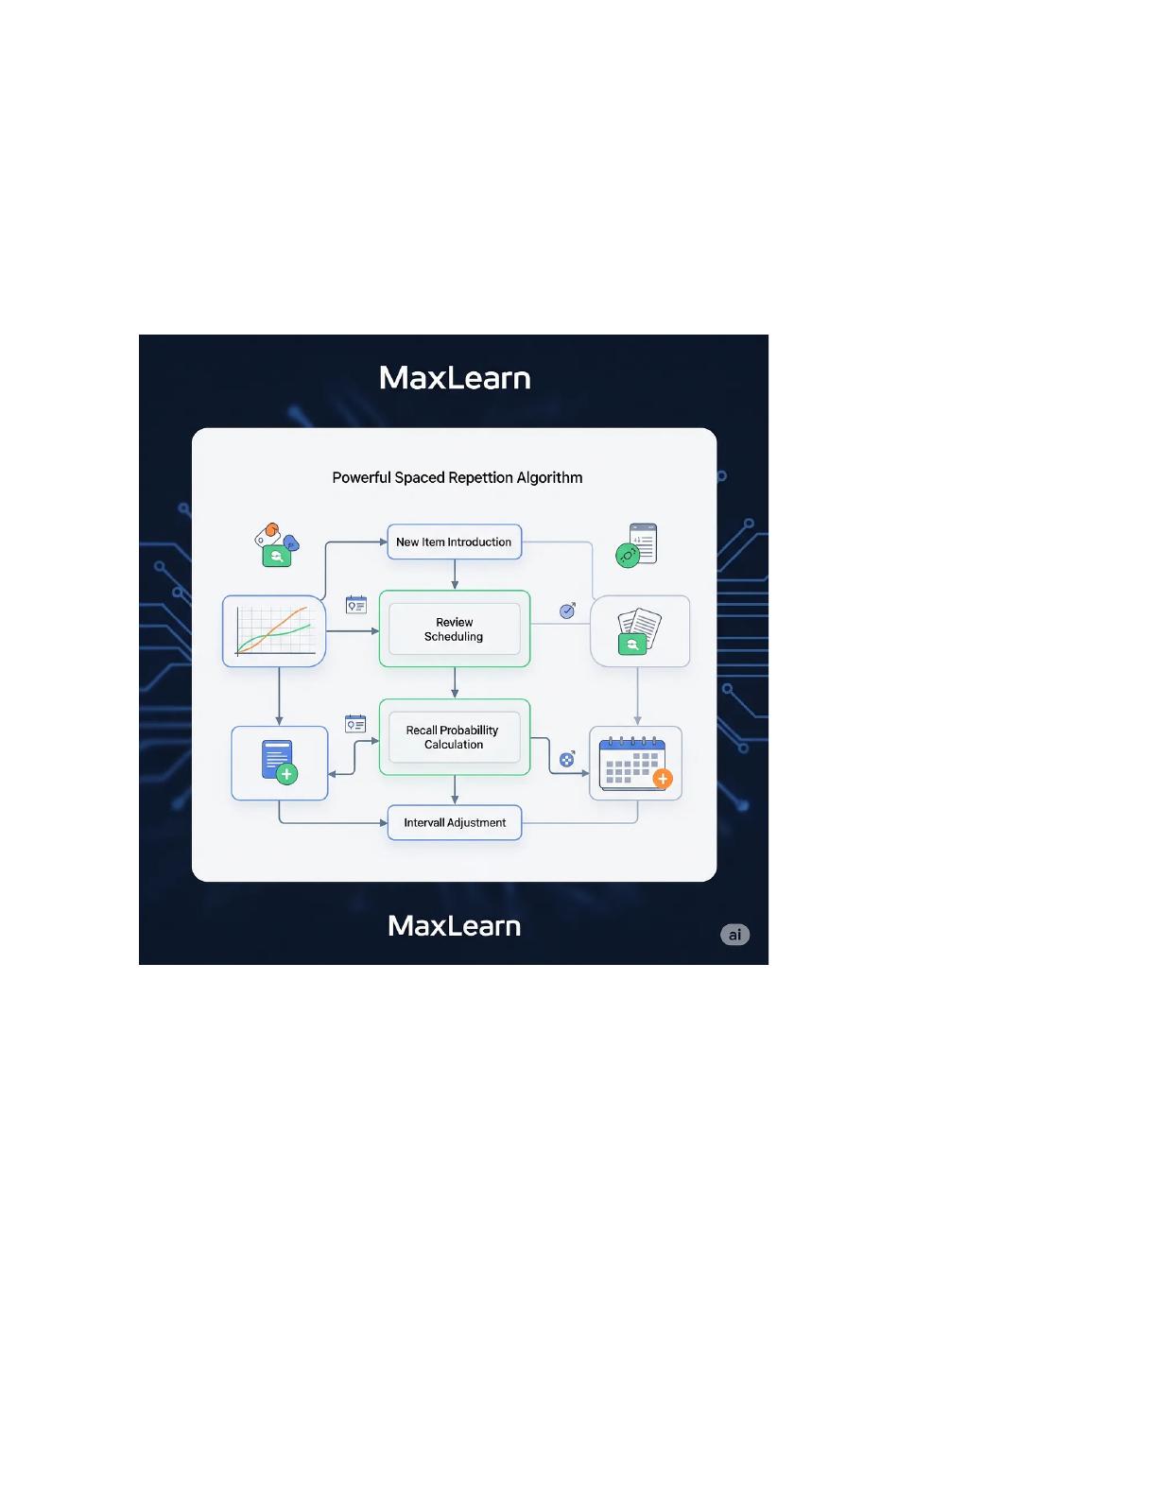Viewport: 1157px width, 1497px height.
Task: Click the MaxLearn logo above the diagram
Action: click(x=454, y=377)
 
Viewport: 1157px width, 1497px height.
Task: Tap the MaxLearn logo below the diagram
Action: click(x=454, y=925)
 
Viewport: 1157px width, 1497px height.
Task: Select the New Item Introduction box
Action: click(x=454, y=542)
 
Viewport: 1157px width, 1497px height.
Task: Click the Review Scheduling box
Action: click(x=454, y=628)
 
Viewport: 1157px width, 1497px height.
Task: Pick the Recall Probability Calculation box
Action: click(x=454, y=737)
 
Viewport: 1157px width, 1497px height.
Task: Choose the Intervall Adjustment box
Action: click(x=454, y=822)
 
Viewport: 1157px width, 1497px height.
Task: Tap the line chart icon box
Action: click(x=273, y=631)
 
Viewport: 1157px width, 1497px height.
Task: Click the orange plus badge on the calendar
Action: click(x=663, y=779)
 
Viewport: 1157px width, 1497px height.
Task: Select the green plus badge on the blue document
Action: click(x=286, y=774)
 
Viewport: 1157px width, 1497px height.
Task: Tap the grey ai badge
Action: click(x=734, y=934)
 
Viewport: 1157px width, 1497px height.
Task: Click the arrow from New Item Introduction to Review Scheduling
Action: click(x=454, y=575)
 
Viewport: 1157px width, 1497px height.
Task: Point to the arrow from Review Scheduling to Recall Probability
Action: click(x=454, y=682)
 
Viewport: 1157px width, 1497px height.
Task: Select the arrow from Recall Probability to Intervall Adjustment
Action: click(x=454, y=790)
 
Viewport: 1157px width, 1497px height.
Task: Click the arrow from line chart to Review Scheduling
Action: click(x=353, y=631)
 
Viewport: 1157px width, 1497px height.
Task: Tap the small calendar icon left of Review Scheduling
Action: click(x=356, y=605)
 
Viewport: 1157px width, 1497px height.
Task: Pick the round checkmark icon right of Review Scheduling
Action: click(x=567, y=611)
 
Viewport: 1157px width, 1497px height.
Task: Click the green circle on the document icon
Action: click(x=627, y=555)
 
